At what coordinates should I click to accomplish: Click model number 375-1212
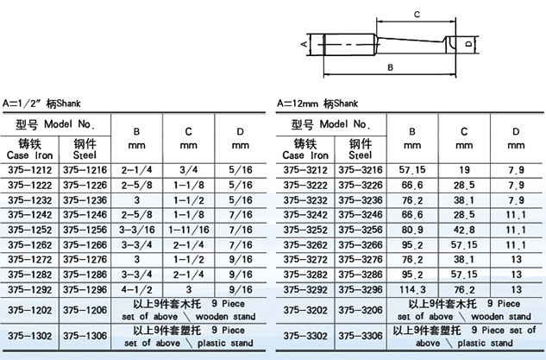tap(29, 170)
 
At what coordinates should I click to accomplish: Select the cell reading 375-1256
tap(85, 230)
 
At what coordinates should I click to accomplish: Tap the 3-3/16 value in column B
tap(137, 230)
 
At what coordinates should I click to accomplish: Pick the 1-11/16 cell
tap(189, 230)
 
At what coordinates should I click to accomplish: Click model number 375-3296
tap(361, 289)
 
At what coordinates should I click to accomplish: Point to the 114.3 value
tap(412, 289)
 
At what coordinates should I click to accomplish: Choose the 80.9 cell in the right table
tap(412, 230)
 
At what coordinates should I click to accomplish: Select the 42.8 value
tap(464, 230)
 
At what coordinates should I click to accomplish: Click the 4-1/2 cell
tap(137, 289)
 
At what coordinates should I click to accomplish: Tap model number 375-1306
tap(85, 336)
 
